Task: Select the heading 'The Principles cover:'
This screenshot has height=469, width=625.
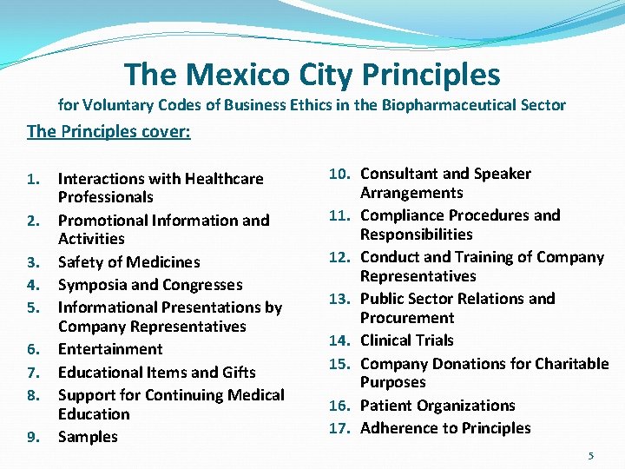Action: [x=109, y=131]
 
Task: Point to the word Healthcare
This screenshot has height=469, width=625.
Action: [x=222, y=179]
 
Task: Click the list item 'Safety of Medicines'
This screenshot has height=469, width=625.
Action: [x=128, y=262]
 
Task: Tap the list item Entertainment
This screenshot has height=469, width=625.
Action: [x=110, y=349]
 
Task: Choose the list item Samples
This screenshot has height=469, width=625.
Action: [x=88, y=437]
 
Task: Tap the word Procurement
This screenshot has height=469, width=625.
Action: [x=407, y=318]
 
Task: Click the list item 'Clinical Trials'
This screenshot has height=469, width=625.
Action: [x=407, y=340]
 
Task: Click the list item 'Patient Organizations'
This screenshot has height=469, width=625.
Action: [x=437, y=406]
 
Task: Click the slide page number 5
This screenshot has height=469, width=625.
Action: [x=591, y=455]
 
